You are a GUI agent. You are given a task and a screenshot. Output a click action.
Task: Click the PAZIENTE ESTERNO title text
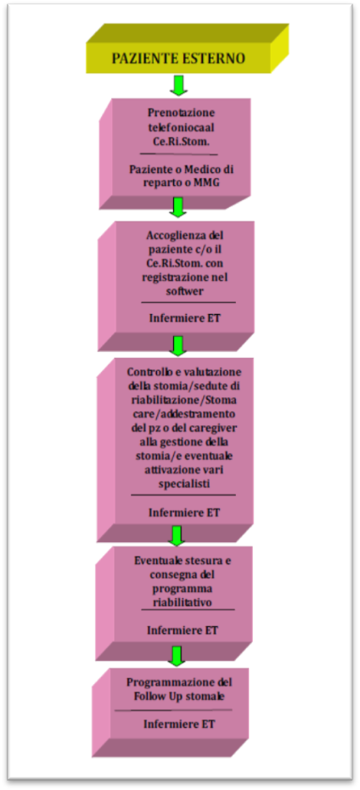click(178, 59)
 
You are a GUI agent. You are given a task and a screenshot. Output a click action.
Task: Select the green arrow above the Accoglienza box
click(178, 206)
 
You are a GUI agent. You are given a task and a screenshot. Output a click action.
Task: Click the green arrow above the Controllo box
click(177, 346)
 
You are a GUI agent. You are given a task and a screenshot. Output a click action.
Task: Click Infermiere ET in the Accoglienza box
click(184, 318)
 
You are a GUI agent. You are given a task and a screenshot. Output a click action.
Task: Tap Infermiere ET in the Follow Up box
click(179, 724)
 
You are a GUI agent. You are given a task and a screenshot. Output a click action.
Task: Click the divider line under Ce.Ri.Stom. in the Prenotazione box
click(178, 154)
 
